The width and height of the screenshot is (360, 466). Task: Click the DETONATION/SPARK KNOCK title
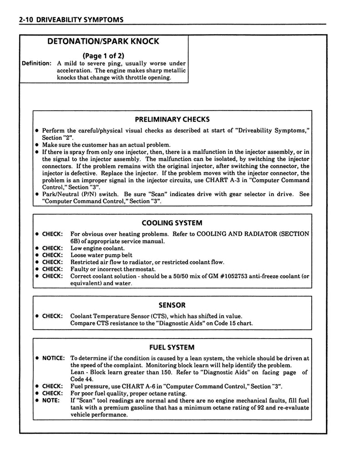103,41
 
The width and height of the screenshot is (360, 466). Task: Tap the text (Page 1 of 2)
103,56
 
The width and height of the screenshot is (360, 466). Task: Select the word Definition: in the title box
37,63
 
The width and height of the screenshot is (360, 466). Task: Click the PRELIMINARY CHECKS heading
172,120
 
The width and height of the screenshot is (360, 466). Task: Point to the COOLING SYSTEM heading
172,223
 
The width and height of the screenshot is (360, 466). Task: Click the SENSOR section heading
172,305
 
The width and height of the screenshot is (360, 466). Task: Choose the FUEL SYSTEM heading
172,347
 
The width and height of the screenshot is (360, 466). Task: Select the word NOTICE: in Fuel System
54,358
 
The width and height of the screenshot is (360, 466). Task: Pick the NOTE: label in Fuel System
51,400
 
